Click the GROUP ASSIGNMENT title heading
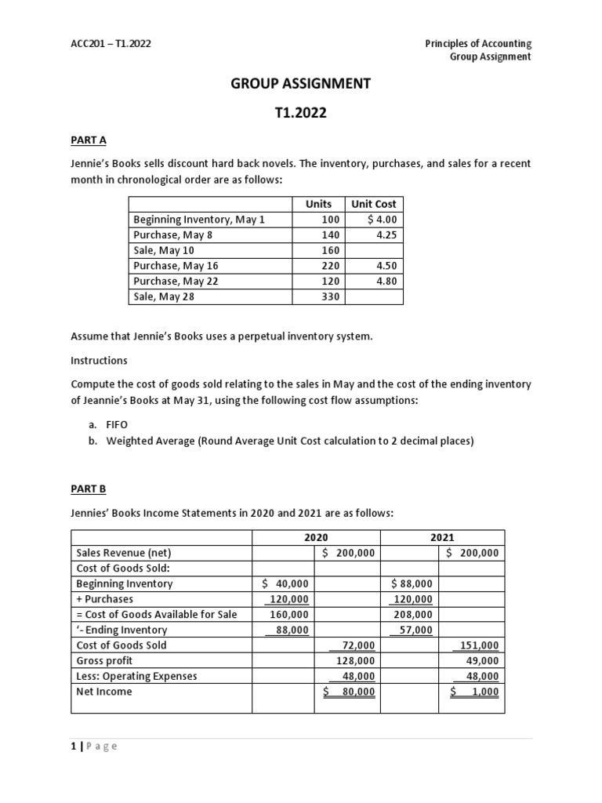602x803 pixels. [300, 83]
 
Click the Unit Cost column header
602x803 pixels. [374, 204]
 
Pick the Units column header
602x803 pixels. [318, 204]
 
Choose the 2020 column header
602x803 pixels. [316, 538]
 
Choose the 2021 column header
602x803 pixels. [442, 538]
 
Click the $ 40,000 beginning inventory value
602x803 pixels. [285, 583]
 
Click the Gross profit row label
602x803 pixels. [104, 661]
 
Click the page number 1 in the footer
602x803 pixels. [74, 746]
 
